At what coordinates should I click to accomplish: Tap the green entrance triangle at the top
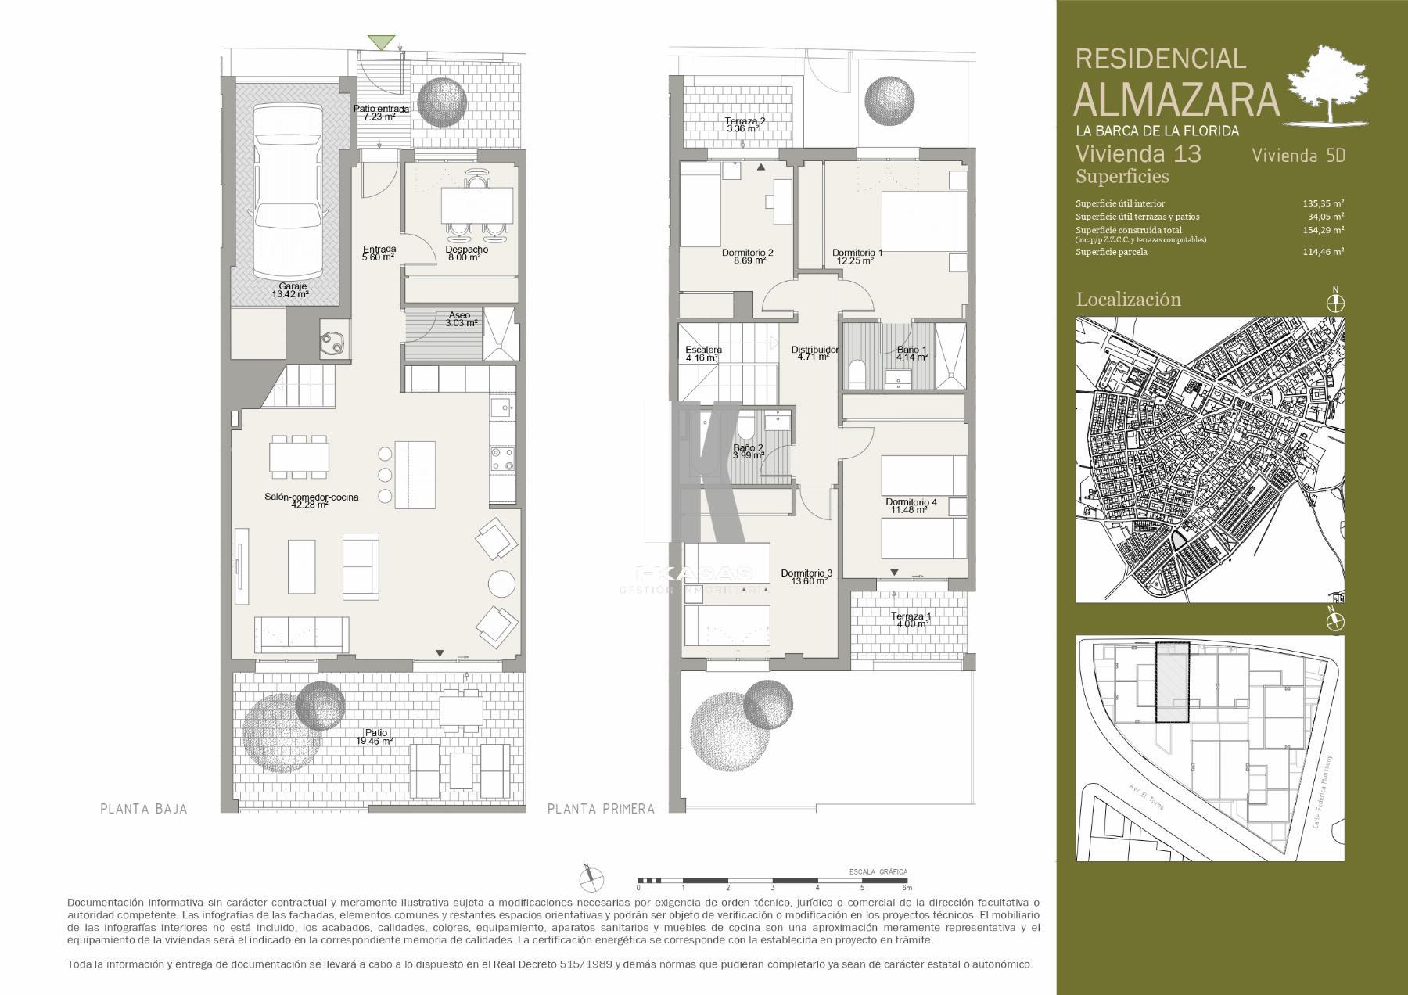pos(383,42)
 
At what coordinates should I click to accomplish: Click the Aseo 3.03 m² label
pos(459,319)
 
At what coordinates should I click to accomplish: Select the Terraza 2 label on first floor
pos(745,124)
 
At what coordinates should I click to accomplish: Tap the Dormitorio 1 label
pos(857,257)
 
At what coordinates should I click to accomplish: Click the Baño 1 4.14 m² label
pos(912,354)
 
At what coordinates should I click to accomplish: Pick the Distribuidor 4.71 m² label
pos(814,354)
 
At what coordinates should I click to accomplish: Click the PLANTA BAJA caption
pos(144,809)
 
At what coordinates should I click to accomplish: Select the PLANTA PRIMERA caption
pos(601,809)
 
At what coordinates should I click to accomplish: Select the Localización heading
pos(1128,299)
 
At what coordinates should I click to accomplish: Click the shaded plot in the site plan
pos(1172,681)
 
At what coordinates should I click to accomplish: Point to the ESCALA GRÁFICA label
pos(878,871)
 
